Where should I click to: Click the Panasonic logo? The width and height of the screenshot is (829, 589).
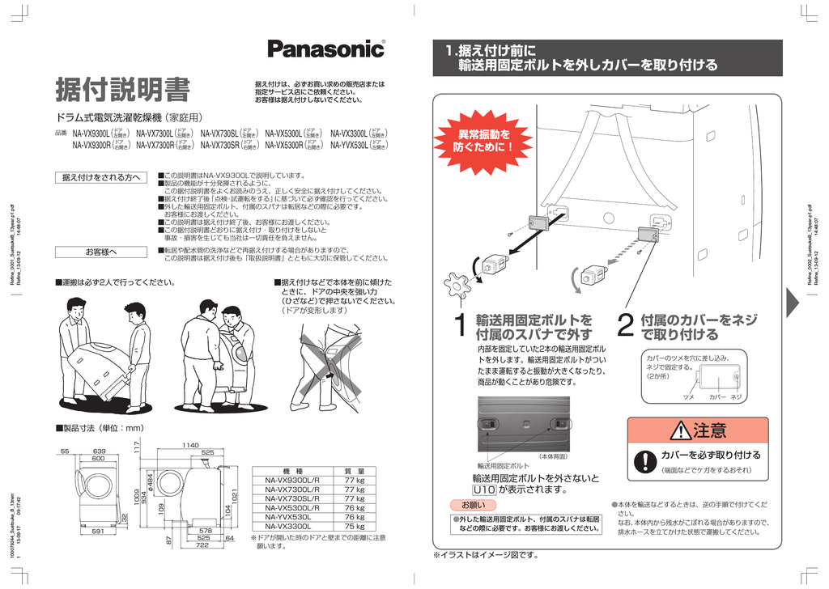pos(326,49)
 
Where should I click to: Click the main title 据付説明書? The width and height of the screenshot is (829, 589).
pos(122,90)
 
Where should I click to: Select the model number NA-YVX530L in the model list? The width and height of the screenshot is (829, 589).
pos(352,146)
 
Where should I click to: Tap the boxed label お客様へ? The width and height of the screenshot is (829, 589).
pos(101,252)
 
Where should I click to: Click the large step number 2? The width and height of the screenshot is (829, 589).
pos(624,328)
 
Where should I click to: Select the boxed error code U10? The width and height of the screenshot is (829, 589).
pos(483,489)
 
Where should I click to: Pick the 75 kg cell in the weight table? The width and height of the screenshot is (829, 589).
pos(355,526)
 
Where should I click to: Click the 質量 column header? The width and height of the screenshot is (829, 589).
pos(355,471)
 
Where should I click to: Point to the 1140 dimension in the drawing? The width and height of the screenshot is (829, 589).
pos(190,444)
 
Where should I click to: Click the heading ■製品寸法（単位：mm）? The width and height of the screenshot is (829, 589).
pos(99,427)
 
